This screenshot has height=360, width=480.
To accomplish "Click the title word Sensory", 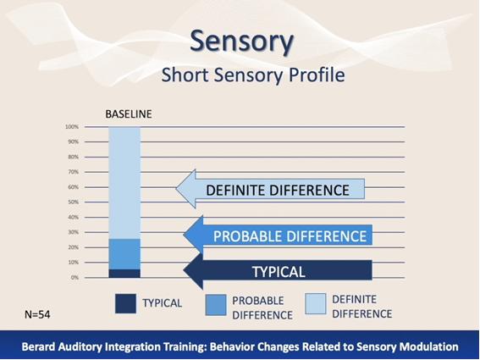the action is [x=242, y=42].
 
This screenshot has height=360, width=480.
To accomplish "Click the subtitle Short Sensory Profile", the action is [x=253, y=75].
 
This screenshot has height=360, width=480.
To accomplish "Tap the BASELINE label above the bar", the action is [x=129, y=114].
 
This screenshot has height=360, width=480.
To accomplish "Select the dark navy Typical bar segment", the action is [x=124, y=274].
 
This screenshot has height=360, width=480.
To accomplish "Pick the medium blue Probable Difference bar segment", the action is [x=124, y=254].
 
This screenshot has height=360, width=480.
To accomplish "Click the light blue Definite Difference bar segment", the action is [x=124, y=183].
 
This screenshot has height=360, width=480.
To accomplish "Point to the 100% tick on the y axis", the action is [x=72, y=126].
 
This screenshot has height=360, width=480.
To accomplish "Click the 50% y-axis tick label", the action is [x=74, y=202].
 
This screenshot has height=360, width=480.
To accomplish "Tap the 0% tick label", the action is [x=74, y=278].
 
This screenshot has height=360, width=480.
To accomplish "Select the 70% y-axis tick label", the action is [x=74, y=172].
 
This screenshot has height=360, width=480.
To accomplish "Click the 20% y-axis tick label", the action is [x=74, y=247].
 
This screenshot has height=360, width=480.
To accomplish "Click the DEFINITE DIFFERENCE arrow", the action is [x=270, y=189].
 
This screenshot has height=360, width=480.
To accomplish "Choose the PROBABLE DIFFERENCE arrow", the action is [x=278, y=235].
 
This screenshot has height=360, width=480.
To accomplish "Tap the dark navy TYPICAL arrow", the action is [x=278, y=270].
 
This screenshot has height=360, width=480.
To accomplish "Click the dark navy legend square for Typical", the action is [x=125, y=303].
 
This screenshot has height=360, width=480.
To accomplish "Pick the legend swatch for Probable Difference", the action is [x=216, y=305].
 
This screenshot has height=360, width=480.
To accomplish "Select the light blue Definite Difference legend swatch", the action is [x=315, y=303].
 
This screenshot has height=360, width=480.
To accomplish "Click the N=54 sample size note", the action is [x=37, y=314].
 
